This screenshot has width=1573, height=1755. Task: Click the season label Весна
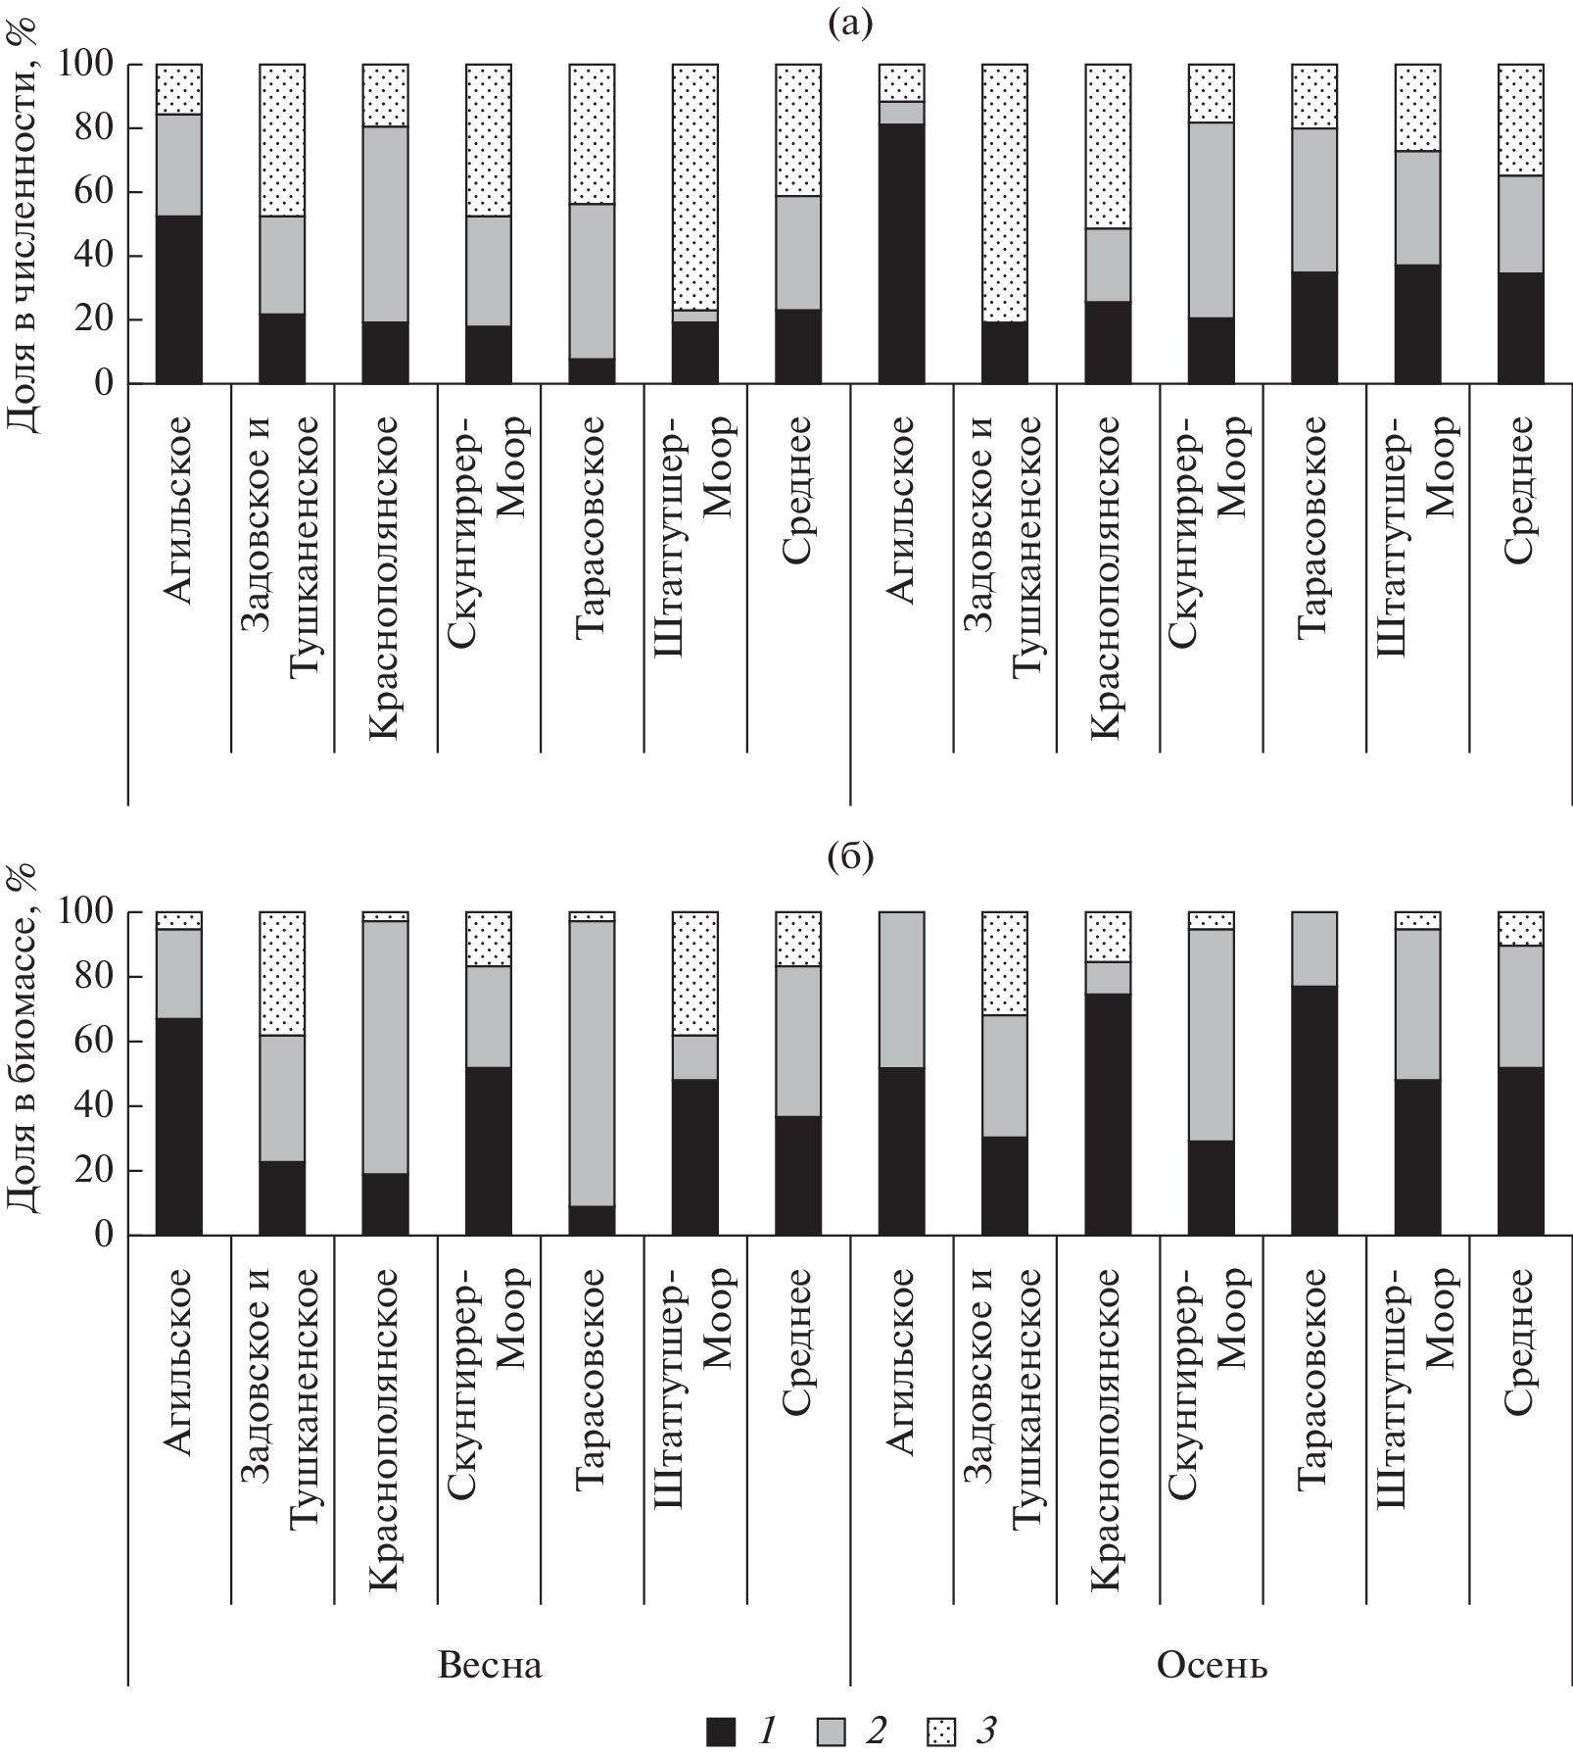pyautogui.click(x=490, y=1664)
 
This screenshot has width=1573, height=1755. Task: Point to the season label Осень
pyautogui.click(x=1213, y=1664)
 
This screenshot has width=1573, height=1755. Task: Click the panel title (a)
pyautogui.click(x=849, y=23)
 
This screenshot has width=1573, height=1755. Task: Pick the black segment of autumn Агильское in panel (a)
pyautogui.click(x=901, y=253)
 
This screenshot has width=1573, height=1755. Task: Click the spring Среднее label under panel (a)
pyautogui.click(x=797, y=490)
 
